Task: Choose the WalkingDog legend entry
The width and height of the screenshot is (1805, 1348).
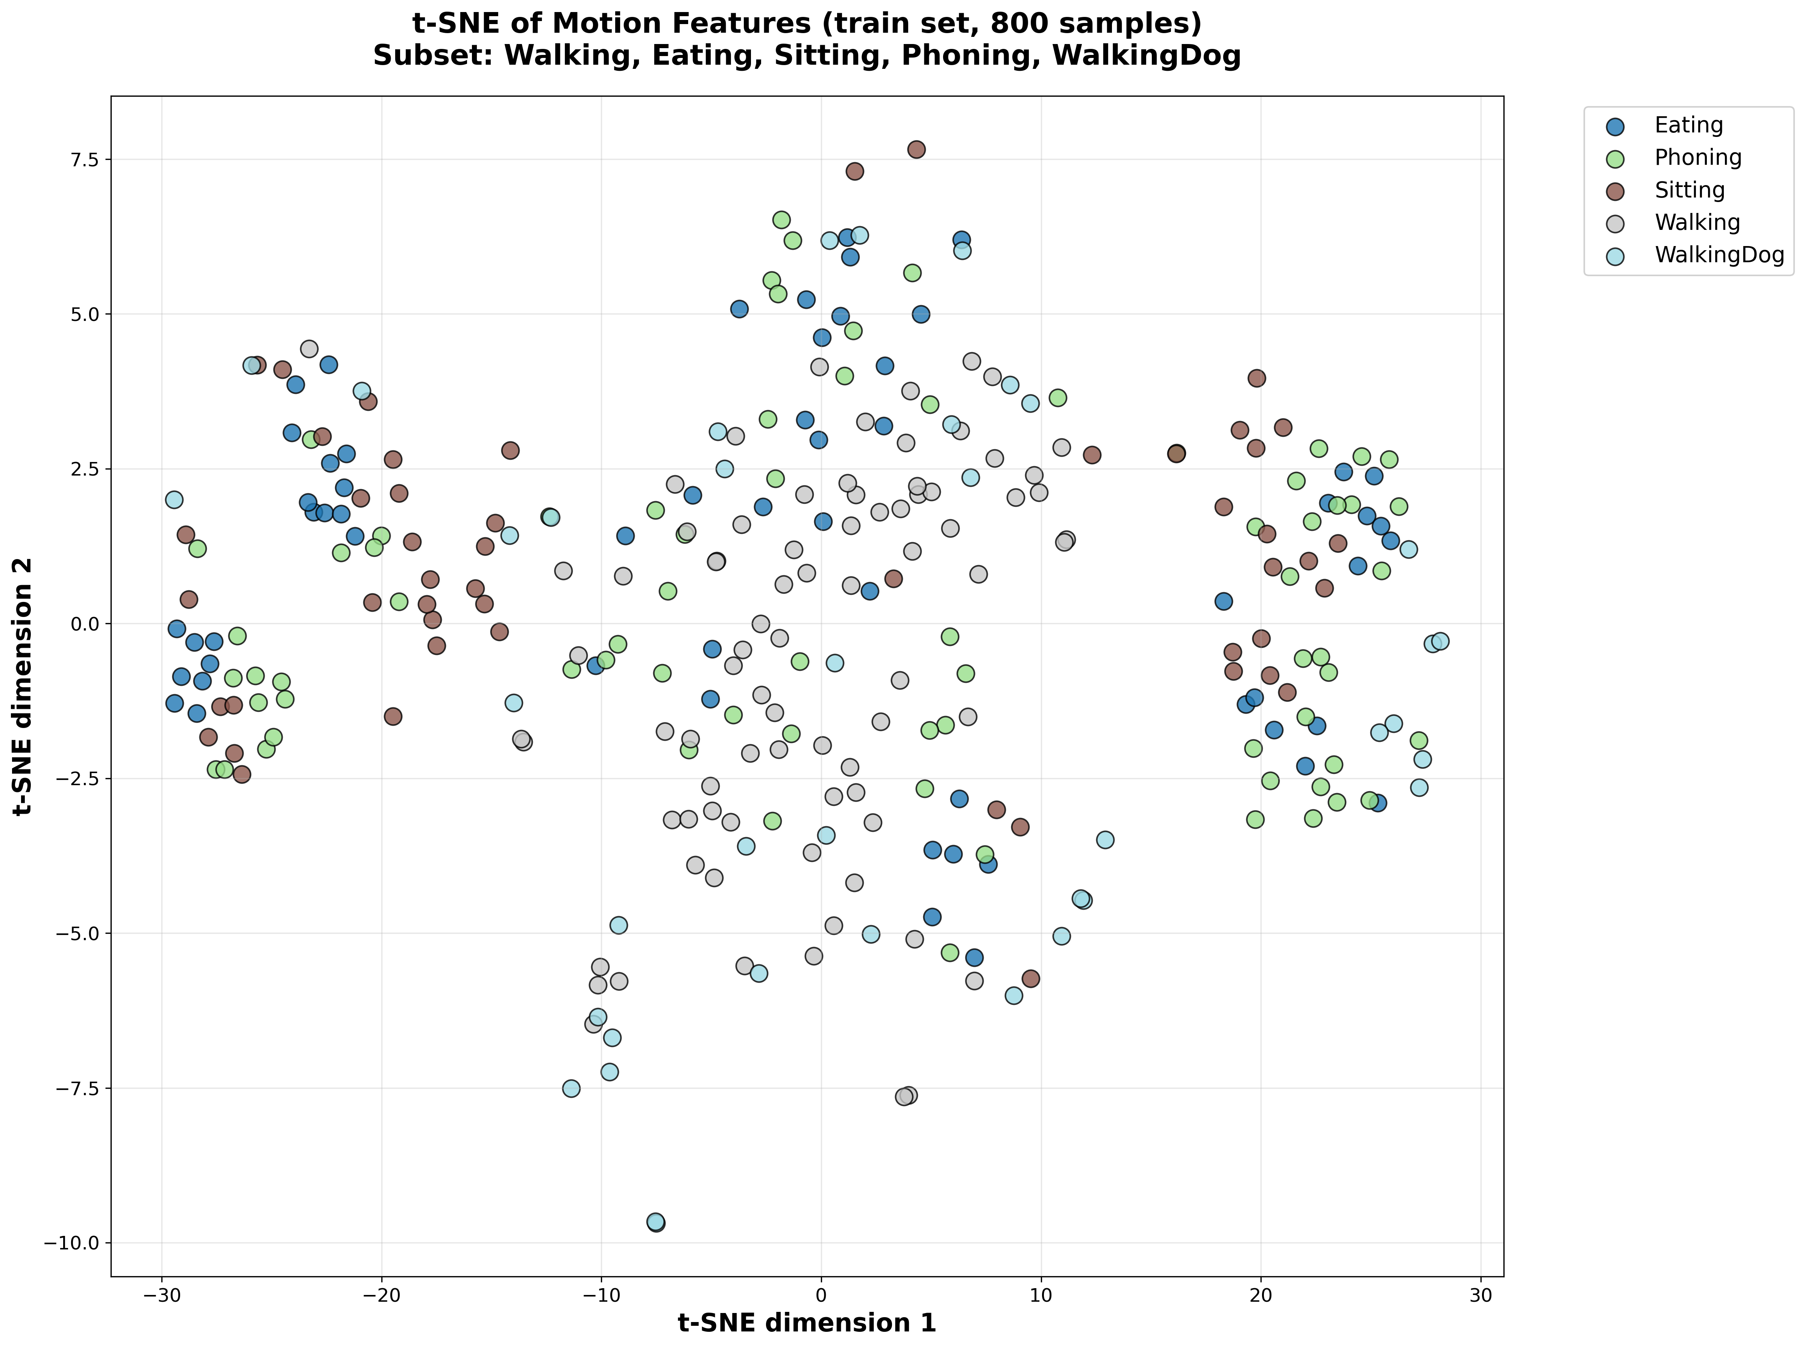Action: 1719,255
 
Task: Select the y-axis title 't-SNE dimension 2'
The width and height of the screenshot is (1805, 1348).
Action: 23,685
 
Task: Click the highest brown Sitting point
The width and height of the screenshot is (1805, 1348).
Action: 916,149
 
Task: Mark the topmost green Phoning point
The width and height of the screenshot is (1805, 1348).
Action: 781,219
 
